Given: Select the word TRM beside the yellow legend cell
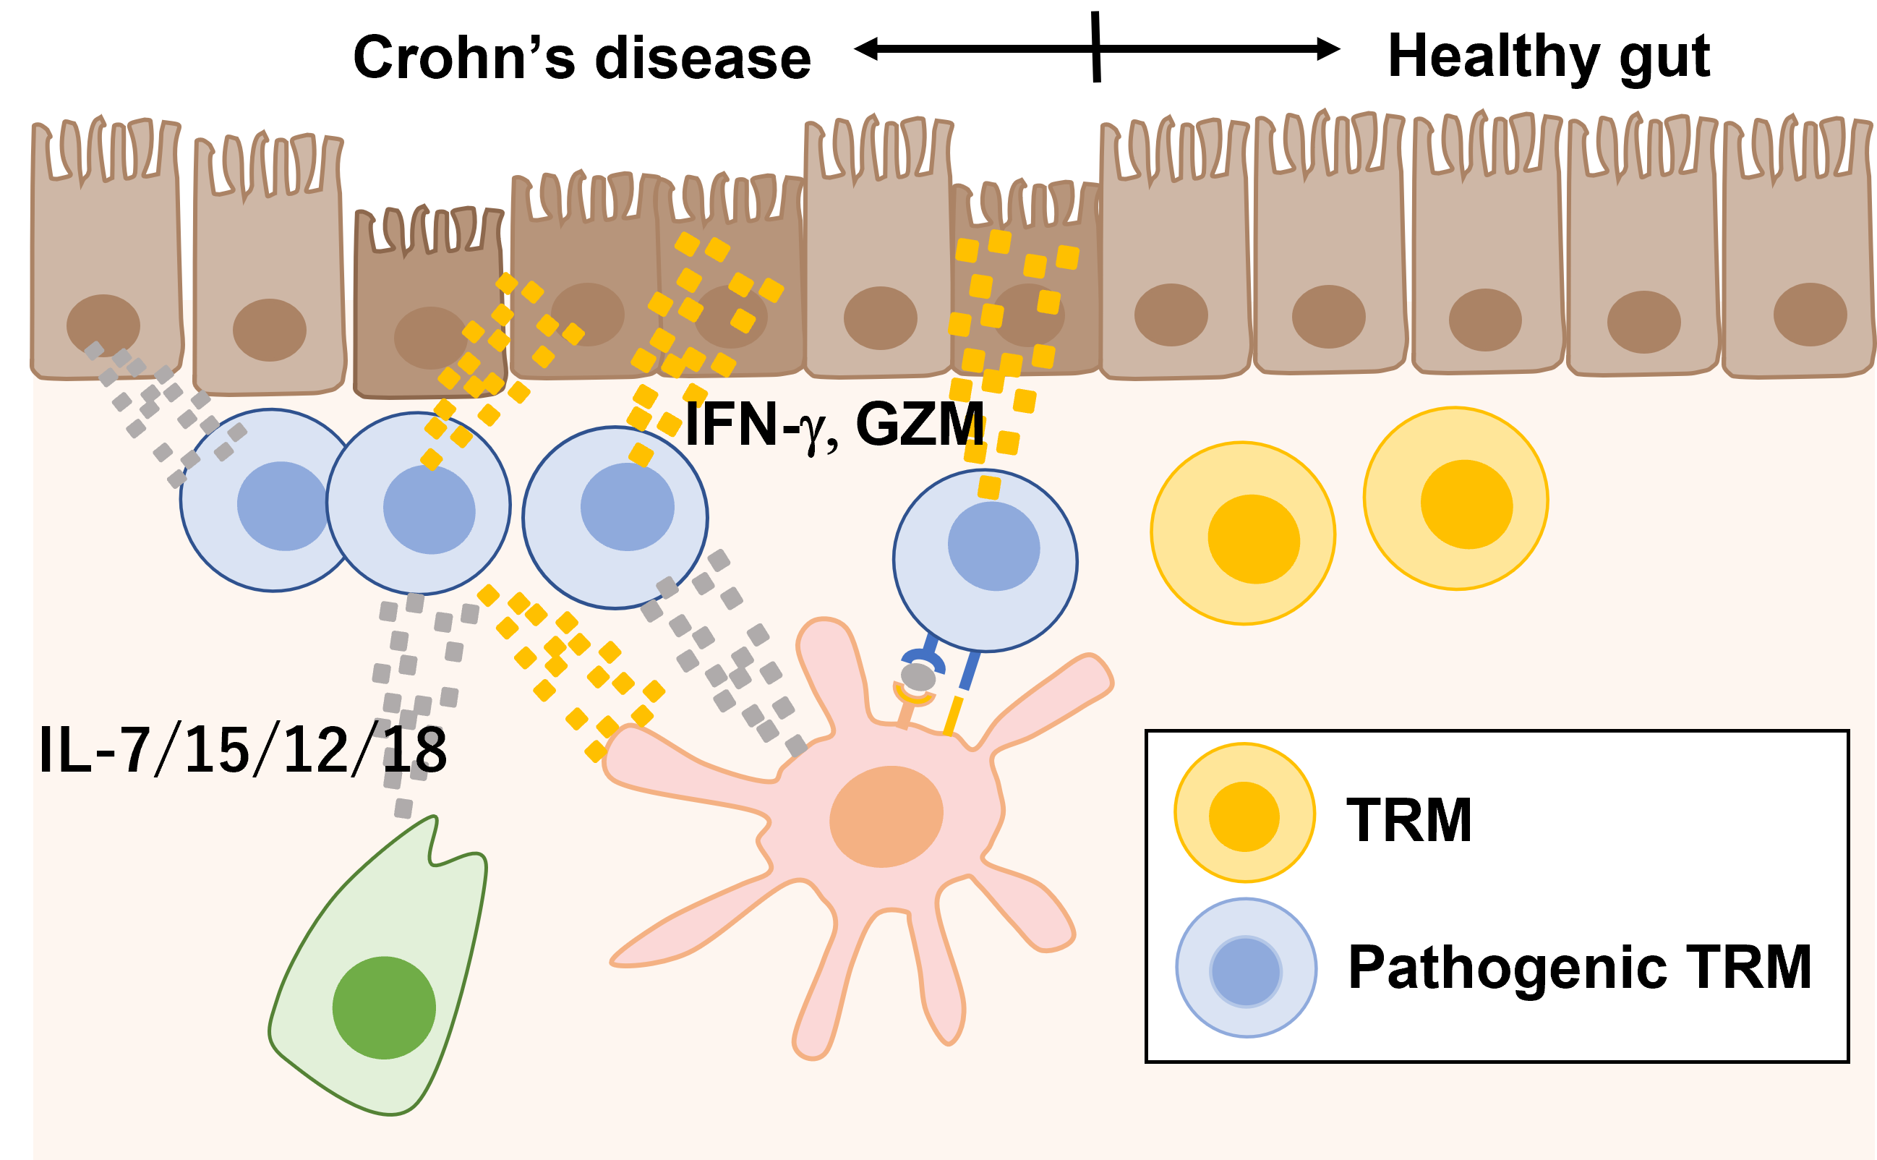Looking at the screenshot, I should click(1409, 821).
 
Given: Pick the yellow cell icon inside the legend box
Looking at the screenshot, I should click(1244, 813).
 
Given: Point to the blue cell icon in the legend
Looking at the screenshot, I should click(1246, 968).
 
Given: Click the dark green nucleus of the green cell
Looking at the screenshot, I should click(383, 1007).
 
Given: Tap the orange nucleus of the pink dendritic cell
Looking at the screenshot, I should click(886, 817).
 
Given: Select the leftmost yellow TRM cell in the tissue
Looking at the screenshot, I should click(1243, 534).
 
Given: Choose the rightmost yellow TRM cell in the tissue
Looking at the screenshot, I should click(1455, 500).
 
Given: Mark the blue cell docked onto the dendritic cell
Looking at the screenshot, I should click(985, 560).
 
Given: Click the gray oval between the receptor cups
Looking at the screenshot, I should click(918, 677).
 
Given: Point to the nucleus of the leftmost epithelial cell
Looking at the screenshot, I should click(103, 325).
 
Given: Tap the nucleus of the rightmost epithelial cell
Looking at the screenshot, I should click(1810, 315).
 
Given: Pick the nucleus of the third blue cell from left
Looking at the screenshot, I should click(627, 507).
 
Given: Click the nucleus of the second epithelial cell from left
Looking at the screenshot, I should click(269, 330).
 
